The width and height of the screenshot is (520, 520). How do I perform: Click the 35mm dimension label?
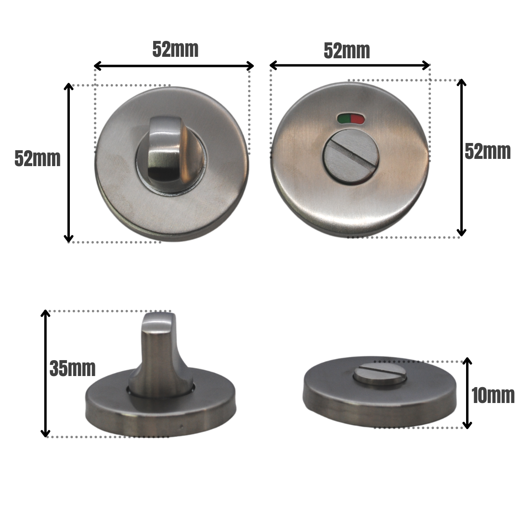click(73, 369)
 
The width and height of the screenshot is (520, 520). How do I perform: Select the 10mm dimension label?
click(493, 396)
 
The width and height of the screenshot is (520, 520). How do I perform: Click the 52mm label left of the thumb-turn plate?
click(38, 158)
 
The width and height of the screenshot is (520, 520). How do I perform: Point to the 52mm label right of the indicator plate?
click(487, 152)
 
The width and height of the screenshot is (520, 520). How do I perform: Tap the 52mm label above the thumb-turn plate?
click(175, 49)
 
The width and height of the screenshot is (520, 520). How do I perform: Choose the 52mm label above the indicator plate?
click(347, 51)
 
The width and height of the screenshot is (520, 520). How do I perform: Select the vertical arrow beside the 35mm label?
click(46, 374)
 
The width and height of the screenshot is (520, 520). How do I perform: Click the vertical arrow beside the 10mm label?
click(467, 393)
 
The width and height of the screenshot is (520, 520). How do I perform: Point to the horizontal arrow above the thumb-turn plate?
click(174, 65)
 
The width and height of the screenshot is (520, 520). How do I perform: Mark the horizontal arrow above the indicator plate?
click(350, 65)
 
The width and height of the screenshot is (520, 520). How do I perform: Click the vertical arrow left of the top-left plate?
click(69, 163)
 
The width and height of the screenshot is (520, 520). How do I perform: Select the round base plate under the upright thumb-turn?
click(202, 409)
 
